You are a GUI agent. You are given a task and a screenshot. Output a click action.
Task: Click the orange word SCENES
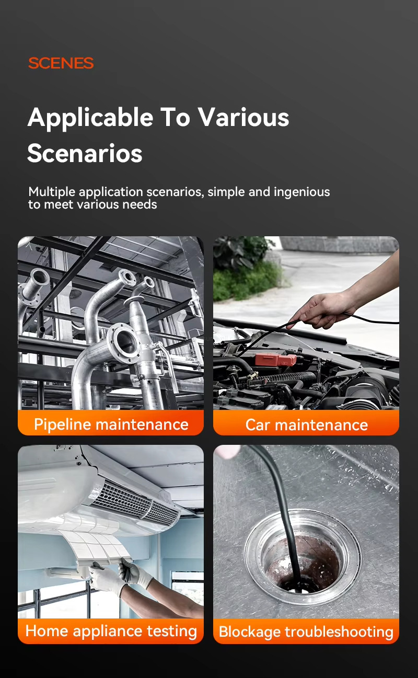[61, 63]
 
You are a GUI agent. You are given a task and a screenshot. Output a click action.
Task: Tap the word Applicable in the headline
[90, 118]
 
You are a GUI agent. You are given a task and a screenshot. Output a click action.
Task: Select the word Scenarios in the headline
[85, 153]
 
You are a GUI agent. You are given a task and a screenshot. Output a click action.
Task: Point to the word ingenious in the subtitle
[301, 192]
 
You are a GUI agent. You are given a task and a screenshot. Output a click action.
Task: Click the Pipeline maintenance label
[111, 424]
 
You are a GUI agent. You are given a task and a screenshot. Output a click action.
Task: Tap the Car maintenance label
[306, 424]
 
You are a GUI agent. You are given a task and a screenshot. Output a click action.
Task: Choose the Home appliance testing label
[111, 631]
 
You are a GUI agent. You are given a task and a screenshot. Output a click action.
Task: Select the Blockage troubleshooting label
[306, 631]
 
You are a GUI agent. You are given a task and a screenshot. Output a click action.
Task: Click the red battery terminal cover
[275, 360]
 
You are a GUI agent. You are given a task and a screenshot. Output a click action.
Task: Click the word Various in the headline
[243, 118]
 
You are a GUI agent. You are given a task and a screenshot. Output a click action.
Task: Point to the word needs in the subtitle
[140, 205]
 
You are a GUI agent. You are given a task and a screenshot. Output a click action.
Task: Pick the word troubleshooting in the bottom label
[339, 631]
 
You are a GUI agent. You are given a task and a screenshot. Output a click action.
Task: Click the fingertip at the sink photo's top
[229, 452]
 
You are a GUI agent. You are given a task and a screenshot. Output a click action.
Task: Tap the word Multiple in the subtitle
[52, 192]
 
